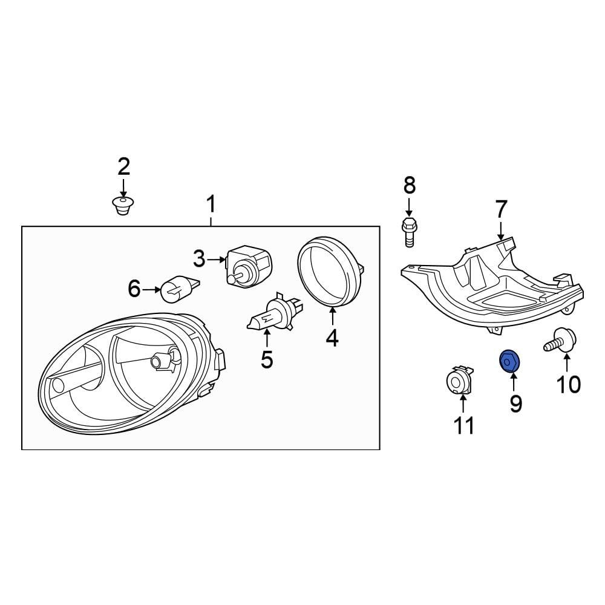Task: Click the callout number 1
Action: click(x=211, y=206)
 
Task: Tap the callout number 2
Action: click(x=123, y=166)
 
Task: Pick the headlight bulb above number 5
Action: click(x=270, y=315)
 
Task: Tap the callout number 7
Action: click(x=501, y=209)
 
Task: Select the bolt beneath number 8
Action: click(x=408, y=232)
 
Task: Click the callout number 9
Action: click(x=515, y=404)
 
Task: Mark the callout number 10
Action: click(x=567, y=384)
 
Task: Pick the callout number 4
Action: click(x=332, y=338)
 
